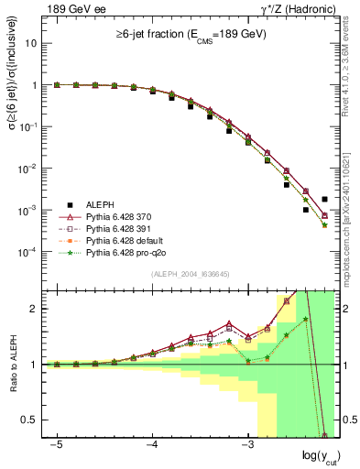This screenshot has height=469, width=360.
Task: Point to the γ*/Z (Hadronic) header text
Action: [x=293, y=9]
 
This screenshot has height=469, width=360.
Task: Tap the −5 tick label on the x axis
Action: [x=57, y=444]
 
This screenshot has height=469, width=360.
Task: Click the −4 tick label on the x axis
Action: [x=152, y=444]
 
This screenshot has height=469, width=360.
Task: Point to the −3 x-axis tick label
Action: [x=247, y=444]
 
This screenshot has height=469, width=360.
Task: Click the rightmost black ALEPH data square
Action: [x=325, y=199]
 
